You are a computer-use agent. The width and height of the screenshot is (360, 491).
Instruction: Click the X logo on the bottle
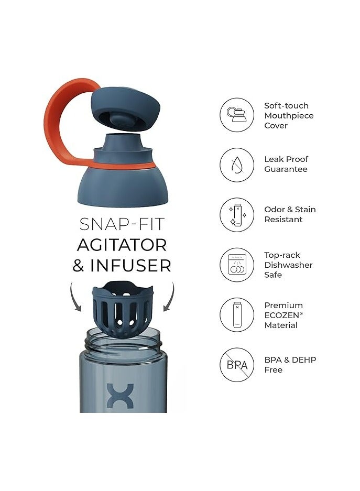(x=121, y=395)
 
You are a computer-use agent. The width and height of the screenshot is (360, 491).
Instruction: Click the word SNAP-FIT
(x=122, y=224)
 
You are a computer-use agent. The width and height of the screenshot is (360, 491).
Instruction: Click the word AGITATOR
(x=122, y=245)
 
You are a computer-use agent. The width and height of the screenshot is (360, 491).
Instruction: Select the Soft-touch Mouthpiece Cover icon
(x=236, y=115)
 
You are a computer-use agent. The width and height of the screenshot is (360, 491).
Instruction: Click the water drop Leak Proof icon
(x=236, y=165)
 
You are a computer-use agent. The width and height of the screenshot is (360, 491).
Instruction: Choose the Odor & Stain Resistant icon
(x=236, y=214)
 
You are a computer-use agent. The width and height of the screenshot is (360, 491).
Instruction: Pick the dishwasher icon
(x=236, y=265)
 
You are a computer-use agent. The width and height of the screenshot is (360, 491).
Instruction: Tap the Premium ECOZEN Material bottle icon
(x=236, y=315)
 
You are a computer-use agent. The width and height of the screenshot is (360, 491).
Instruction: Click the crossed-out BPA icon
(x=236, y=365)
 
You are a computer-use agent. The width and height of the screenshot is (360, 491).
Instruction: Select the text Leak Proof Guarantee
(x=286, y=164)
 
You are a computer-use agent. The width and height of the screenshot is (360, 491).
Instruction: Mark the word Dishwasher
(x=288, y=265)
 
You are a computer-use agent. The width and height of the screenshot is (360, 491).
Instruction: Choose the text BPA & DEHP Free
(x=290, y=365)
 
